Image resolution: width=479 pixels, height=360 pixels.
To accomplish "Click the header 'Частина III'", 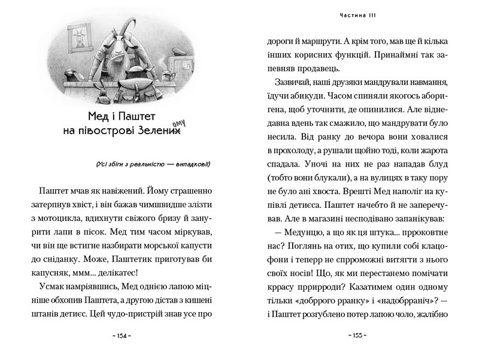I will pos(357,14).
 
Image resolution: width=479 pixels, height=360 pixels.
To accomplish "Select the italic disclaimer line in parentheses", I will pos(153,165).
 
